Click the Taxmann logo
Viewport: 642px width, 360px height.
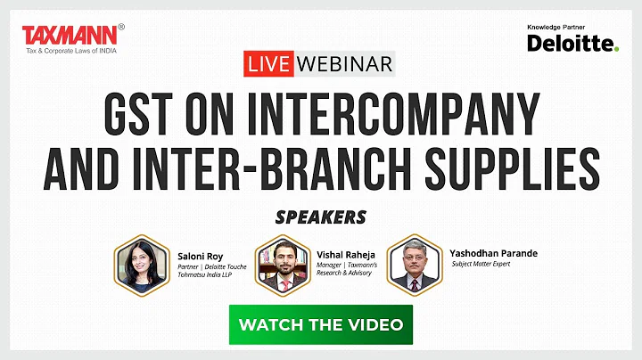pos(68,34)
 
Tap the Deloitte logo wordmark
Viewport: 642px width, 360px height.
pos(568,43)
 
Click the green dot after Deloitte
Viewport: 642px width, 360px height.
pos(616,49)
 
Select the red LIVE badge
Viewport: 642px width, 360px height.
pos(269,64)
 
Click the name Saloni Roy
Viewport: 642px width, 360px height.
pos(198,256)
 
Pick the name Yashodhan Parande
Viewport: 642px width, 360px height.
pos(494,252)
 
